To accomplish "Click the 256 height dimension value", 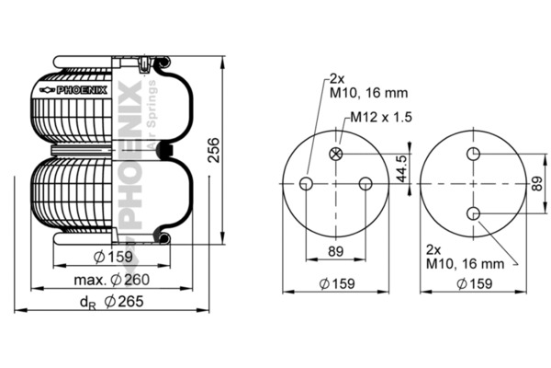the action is tap(214, 150).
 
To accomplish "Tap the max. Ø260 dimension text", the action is tap(112, 280).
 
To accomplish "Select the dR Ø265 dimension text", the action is tap(112, 302).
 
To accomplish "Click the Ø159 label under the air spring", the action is tap(113, 257).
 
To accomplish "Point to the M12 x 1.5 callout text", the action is tap(381, 117).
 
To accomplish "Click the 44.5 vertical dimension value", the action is tap(403, 168).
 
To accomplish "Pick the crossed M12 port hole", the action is tap(335, 154).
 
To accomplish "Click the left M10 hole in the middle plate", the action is tap(306, 183).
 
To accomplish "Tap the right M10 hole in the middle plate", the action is tap(365, 183).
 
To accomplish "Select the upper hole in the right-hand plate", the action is tap(473, 154).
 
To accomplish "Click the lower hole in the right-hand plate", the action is tap(473, 213).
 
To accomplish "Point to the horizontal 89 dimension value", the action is tap(335, 251).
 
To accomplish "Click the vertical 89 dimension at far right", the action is tap(537, 183).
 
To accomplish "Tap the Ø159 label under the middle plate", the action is tap(337, 283).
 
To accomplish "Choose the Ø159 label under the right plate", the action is tap(475, 283).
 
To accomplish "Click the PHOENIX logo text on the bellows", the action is tap(82, 90).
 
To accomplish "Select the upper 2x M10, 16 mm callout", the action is tap(368, 86).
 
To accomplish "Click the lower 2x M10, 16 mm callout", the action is tap(465, 257).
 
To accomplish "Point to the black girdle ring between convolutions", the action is tap(164, 150).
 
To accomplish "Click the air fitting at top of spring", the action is tap(144, 64).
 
